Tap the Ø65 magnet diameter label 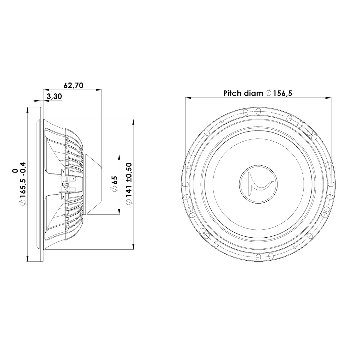click(x=114, y=185)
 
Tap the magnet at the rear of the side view click(x=97, y=182)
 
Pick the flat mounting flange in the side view click(x=41, y=182)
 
